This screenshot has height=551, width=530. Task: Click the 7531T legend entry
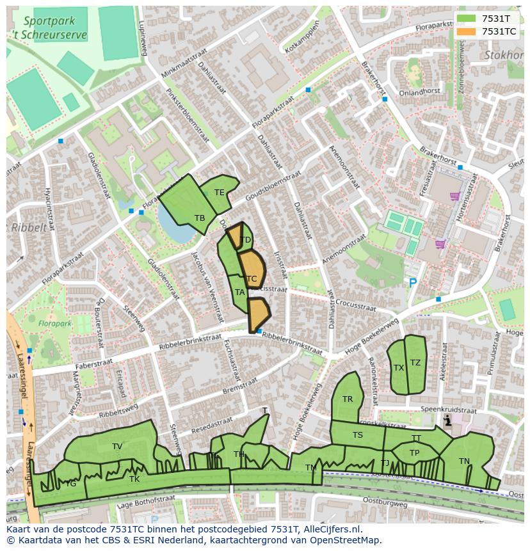[x=486, y=19]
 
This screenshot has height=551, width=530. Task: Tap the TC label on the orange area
[x=252, y=279]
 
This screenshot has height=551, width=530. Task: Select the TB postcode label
[x=200, y=218]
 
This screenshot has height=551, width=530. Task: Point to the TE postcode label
[x=220, y=193]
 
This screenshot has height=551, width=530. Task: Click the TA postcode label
[x=239, y=292]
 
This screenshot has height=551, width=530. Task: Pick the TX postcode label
[x=399, y=368]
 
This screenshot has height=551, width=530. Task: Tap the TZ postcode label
[x=415, y=363]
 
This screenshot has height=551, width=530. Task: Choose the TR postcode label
[x=348, y=399]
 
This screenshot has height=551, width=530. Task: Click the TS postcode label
[x=358, y=435]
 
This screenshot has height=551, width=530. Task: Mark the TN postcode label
[x=464, y=461]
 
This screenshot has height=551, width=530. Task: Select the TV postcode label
[x=117, y=447]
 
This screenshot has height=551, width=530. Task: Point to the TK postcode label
[x=134, y=479]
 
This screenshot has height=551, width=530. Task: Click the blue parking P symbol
[x=413, y=282]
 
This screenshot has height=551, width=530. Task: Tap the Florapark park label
[x=54, y=324]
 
